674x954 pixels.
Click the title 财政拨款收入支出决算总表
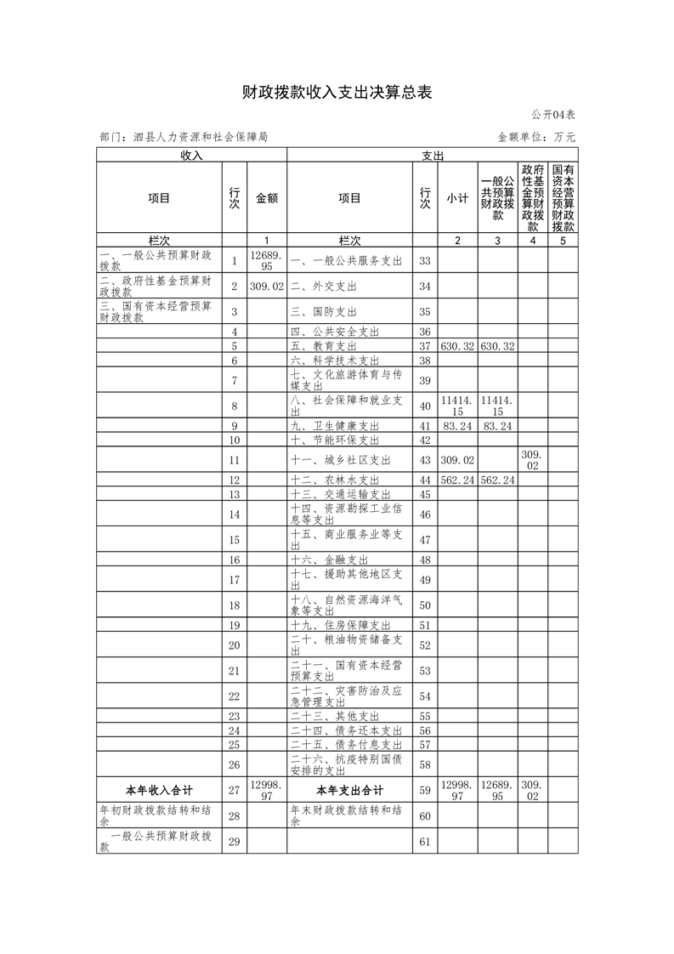click(337, 92)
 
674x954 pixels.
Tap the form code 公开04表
click(554, 115)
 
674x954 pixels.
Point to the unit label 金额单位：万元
click(536, 136)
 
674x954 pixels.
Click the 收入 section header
click(191, 156)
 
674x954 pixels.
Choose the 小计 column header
click(457, 198)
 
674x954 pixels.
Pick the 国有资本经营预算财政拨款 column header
click(563, 198)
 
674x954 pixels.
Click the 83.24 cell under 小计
click(457, 425)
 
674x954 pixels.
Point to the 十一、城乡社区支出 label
click(340, 460)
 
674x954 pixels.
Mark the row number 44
click(426, 480)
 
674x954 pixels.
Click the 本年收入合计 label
click(159, 790)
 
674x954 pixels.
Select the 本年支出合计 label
click(349, 790)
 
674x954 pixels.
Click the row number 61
click(426, 842)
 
